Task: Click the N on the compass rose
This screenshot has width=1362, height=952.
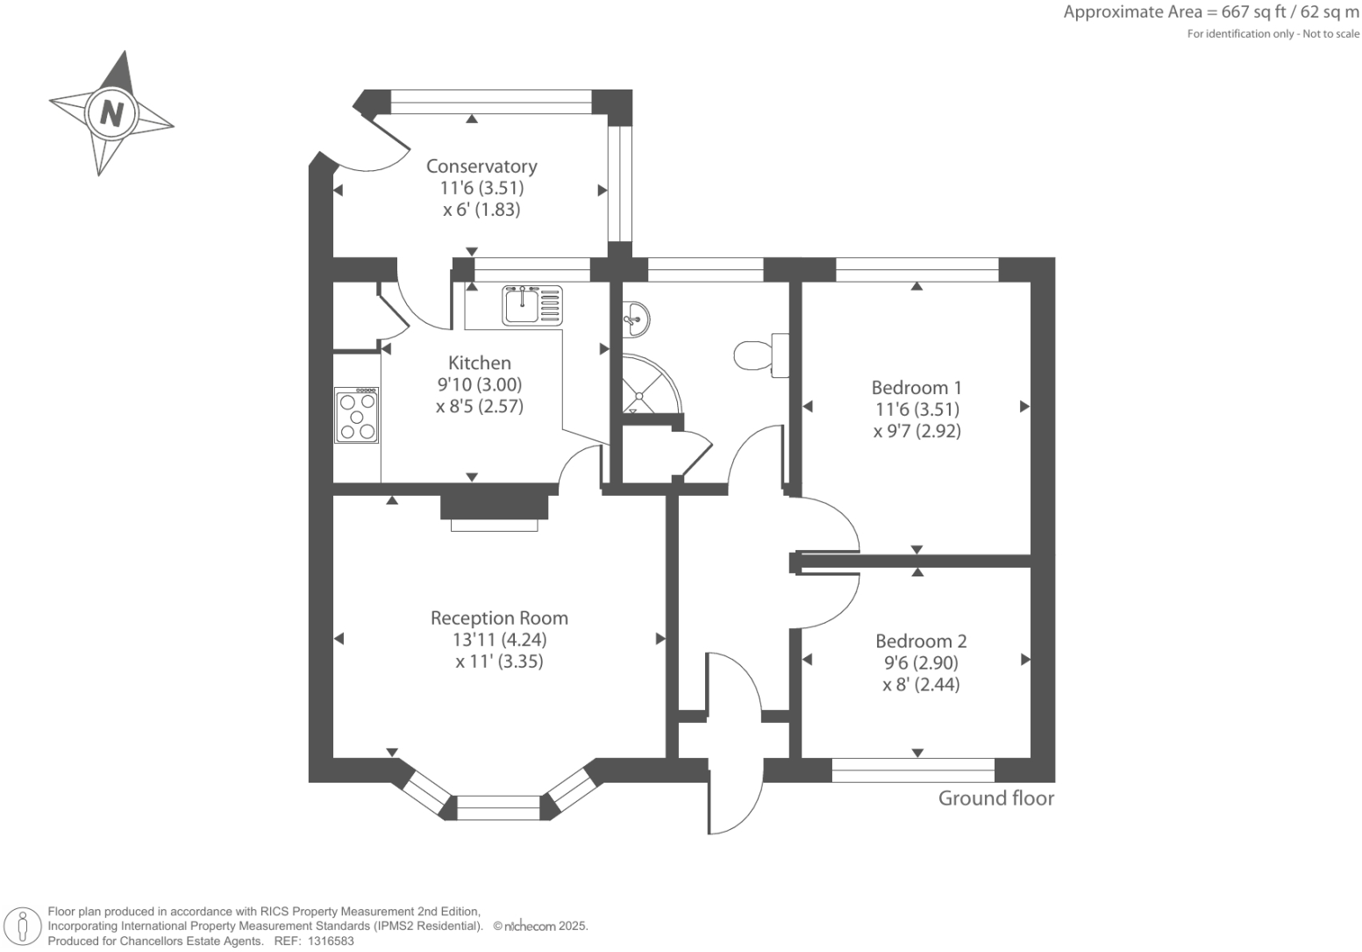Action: (x=112, y=113)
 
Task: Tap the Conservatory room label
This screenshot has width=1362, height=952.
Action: (x=481, y=166)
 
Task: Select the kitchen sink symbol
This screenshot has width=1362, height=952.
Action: (x=532, y=305)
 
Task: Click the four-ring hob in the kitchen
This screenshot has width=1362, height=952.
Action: (x=357, y=416)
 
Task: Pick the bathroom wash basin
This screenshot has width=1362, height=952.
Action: (x=636, y=319)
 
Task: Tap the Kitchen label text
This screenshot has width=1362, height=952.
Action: (x=479, y=363)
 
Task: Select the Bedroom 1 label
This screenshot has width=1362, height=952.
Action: (x=917, y=388)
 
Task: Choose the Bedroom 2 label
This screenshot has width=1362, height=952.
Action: (x=921, y=641)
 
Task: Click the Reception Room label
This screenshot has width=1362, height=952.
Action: (x=499, y=618)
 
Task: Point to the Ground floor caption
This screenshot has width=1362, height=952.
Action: (x=996, y=798)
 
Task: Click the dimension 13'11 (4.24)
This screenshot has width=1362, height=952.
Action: (x=499, y=640)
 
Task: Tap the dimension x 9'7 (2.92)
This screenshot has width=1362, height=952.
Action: (x=917, y=432)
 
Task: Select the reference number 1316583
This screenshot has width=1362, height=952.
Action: (x=331, y=941)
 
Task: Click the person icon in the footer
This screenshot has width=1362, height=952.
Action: (x=23, y=927)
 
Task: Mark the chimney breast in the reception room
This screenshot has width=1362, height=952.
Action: (x=495, y=507)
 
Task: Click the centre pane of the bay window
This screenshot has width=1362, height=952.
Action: (x=498, y=808)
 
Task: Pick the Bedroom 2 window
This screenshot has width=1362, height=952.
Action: (x=913, y=770)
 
